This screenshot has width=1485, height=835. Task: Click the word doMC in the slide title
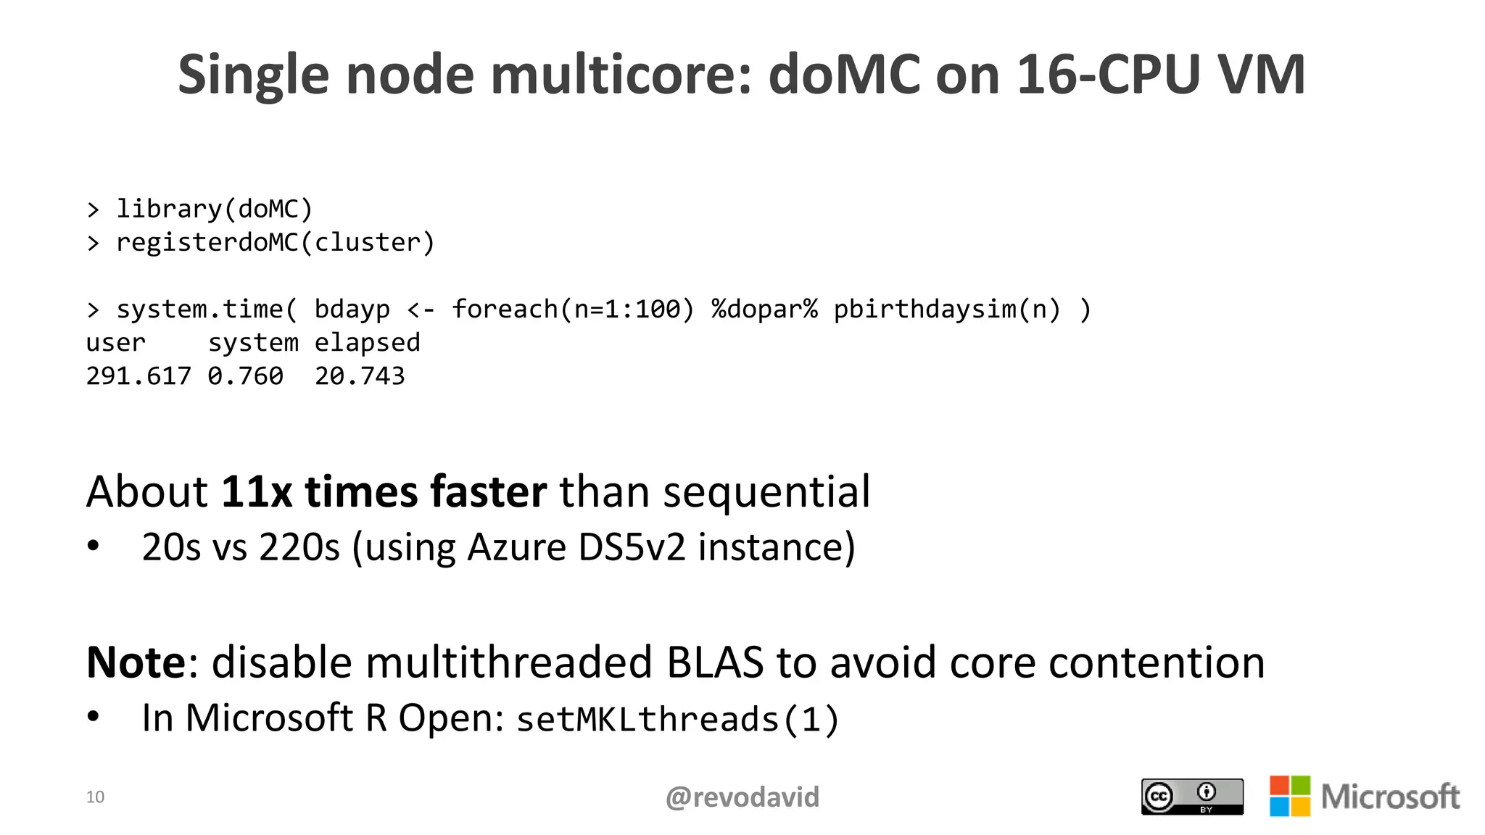click(843, 75)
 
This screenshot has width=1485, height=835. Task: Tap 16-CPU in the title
click(1107, 75)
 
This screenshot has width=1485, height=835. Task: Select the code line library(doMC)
click(214, 209)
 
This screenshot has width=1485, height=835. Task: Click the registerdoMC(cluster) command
click(275, 242)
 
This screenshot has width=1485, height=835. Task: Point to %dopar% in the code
click(764, 309)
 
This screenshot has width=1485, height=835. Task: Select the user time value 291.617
click(138, 375)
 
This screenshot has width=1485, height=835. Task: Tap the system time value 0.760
click(245, 375)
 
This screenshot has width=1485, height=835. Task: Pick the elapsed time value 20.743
click(360, 375)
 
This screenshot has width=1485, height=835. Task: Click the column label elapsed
click(367, 342)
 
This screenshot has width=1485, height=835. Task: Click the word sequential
click(766, 492)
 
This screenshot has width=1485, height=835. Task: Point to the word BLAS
click(714, 662)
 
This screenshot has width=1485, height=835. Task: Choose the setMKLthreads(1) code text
click(677, 719)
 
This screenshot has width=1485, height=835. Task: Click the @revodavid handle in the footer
click(742, 797)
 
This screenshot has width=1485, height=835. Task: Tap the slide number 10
click(95, 797)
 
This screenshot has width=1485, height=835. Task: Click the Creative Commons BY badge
click(1191, 797)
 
